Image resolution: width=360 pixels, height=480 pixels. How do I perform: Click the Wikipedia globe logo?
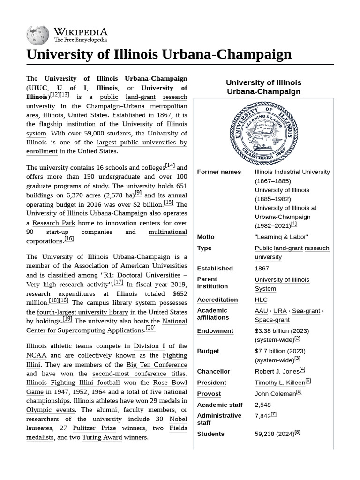37,36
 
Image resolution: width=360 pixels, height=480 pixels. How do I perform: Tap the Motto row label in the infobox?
206,237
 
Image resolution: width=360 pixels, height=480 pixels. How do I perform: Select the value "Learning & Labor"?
281,237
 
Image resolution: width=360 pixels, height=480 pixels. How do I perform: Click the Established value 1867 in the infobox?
262,269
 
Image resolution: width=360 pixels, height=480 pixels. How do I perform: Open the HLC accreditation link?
261,300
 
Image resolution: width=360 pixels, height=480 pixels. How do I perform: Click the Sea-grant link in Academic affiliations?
306,311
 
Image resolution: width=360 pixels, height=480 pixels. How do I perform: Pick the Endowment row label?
215,331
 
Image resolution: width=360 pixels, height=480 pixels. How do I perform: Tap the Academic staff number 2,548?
262,405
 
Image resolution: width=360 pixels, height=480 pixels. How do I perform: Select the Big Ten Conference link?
157,364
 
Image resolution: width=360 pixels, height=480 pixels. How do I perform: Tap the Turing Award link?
102,437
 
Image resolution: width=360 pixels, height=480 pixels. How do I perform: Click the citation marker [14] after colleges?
170,166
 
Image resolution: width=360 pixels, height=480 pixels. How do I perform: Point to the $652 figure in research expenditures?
180,293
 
